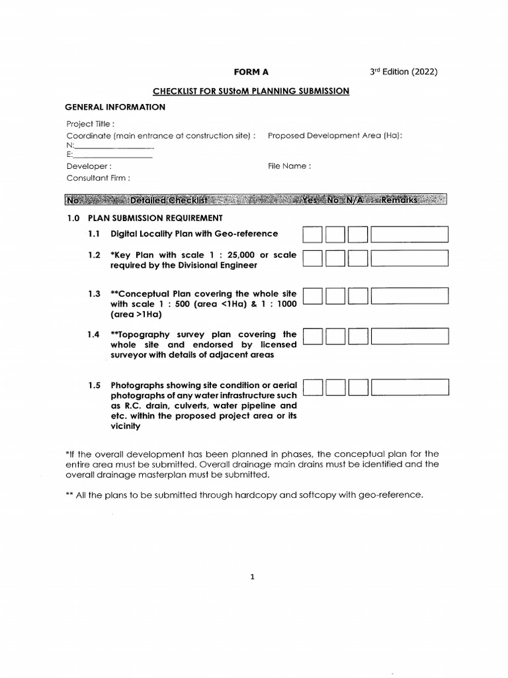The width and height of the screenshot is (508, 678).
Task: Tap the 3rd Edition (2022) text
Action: [x=403, y=72]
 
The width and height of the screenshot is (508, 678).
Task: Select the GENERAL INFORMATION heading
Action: [x=114, y=107]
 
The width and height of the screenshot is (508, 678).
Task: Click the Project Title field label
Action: [x=90, y=124]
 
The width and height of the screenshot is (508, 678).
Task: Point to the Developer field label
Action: [x=89, y=166]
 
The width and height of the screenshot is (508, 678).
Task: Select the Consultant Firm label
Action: [x=98, y=178]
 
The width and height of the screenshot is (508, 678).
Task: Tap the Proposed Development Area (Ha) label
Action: [x=335, y=135]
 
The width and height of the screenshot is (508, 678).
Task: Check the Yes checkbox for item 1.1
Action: [x=313, y=234]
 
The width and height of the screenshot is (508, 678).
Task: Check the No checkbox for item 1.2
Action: [x=335, y=258]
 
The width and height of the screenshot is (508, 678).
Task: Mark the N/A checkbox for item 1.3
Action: [x=358, y=296]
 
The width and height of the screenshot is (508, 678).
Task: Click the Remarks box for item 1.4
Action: [x=409, y=337]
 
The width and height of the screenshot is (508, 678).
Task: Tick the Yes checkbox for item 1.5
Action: [x=313, y=387]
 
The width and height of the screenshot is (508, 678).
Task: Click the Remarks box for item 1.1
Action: [x=409, y=234]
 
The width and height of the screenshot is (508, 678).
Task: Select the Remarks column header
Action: [x=399, y=200]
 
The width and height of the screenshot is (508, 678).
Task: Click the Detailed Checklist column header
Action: [x=169, y=200]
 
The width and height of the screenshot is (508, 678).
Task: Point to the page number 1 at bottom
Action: [x=253, y=577]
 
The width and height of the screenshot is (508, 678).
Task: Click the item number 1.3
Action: [x=94, y=293]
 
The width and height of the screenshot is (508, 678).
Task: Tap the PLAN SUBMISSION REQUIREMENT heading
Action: [x=155, y=218]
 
